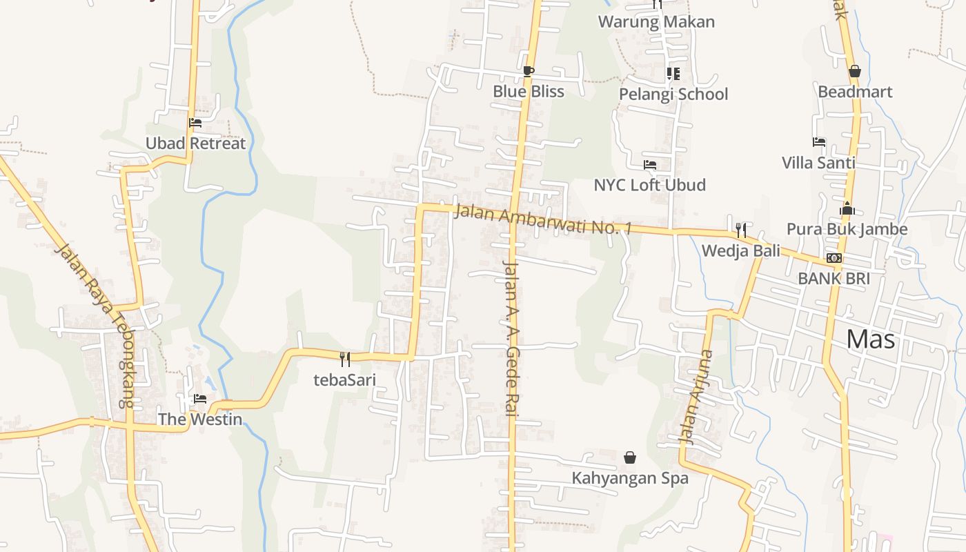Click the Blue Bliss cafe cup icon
click(x=528, y=71)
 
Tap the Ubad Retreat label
click(x=195, y=144)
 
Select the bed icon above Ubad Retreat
click(x=195, y=124)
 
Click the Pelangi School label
click(x=673, y=94)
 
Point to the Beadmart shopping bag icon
click(x=854, y=72)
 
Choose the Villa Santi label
click(x=818, y=163)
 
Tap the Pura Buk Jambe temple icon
click(x=847, y=209)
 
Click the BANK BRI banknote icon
click(x=834, y=259)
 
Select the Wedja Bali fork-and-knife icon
click(x=740, y=230)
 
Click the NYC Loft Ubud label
click(x=649, y=185)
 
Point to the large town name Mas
click(x=870, y=339)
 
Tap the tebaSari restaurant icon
click(x=345, y=359)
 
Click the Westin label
click(x=200, y=419)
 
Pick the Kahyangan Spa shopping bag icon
click(x=630, y=457)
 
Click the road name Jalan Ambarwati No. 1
click(x=543, y=220)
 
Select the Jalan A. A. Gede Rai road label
click(x=511, y=338)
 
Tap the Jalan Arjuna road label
click(x=695, y=396)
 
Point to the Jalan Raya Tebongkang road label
click(x=95, y=324)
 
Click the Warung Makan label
click(x=656, y=21)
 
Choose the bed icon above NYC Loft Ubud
click(x=649, y=165)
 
